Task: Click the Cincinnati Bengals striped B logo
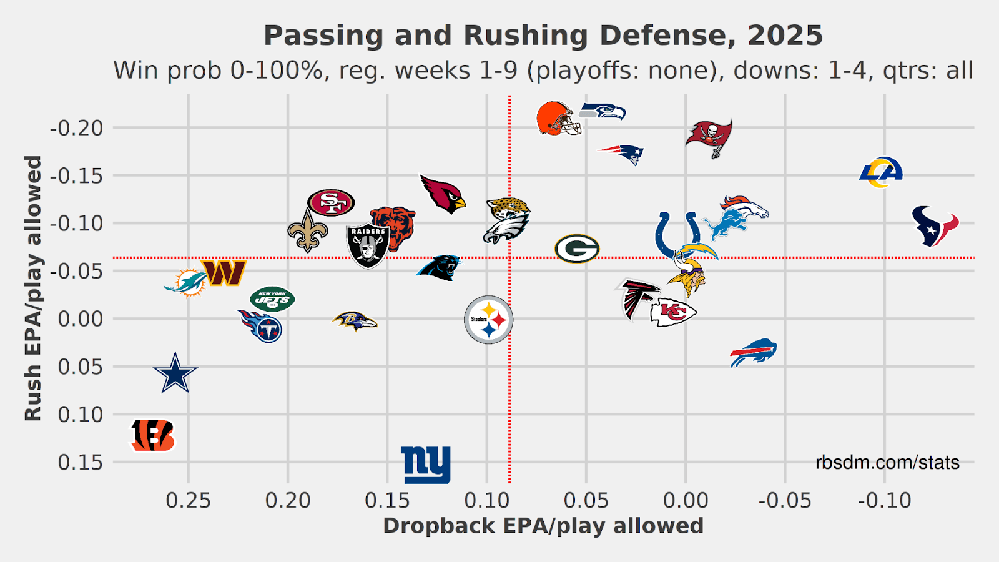(x=153, y=435)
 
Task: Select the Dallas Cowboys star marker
(x=175, y=373)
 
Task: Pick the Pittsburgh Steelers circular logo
(x=488, y=319)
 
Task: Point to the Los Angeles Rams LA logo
(x=881, y=172)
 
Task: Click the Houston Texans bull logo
(x=935, y=225)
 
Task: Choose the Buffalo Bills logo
(x=754, y=353)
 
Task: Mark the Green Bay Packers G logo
(x=577, y=249)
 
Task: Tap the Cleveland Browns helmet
(x=558, y=119)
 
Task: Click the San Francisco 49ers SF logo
(x=331, y=202)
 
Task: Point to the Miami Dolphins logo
(x=186, y=282)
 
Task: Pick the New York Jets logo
(x=272, y=300)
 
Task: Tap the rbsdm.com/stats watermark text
(x=887, y=463)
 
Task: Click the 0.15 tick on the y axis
(x=81, y=463)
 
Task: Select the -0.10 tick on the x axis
(x=885, y=500)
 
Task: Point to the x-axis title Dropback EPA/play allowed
(x=543, y=526)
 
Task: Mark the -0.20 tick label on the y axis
(x=77, y=128)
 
